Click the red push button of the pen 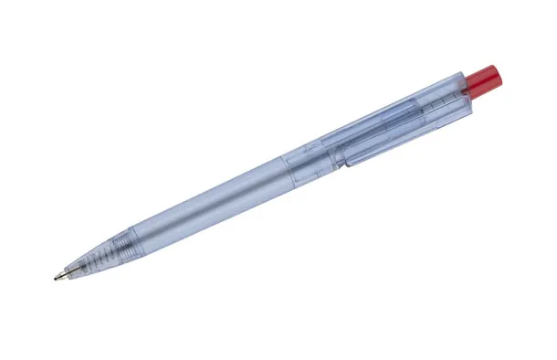(482, 79)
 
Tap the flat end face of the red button (494, 74)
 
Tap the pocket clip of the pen (402, 133)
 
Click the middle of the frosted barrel (210, 196)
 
